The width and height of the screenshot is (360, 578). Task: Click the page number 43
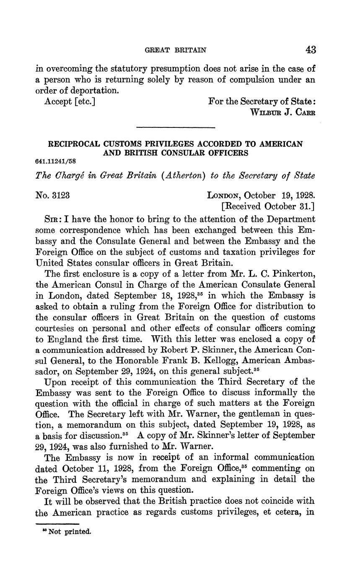pyautogui.click(x=310, y=50)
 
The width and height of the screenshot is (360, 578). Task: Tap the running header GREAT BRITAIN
pyautogui.click(x=175, y=50)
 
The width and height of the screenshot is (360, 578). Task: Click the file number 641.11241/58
pyautogui.click(x=56, y=161)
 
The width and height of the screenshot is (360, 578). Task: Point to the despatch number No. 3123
pyautogui.click(x=53, y=195)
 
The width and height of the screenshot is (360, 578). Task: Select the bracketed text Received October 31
pyautogui.click(x=268, y=206)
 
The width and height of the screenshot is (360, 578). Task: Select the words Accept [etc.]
pyautogui.click(x=70, y=101)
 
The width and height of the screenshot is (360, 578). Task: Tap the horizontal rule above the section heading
pyautogui.click(x=176, y=127)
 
